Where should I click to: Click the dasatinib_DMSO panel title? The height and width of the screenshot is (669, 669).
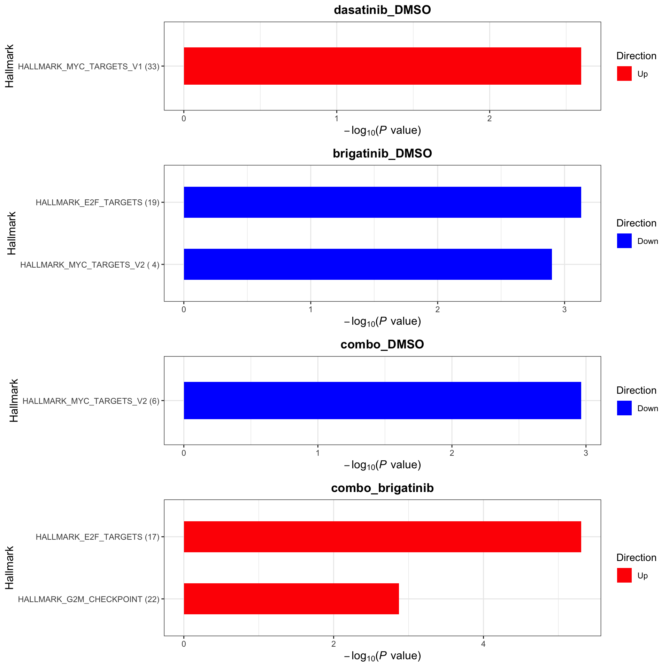(x=382, y=10)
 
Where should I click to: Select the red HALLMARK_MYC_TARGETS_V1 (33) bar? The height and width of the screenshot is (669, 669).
(x=382, y=66)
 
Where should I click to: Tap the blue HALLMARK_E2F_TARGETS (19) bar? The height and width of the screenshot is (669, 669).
(x=382, y=202)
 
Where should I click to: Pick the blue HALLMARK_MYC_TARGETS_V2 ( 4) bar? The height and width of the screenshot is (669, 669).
(x=368, y=264)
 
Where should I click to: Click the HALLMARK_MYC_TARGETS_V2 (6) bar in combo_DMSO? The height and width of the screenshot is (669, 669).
(x=382, y=400)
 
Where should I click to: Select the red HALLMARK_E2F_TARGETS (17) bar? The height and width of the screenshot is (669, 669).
(x=382, y=537)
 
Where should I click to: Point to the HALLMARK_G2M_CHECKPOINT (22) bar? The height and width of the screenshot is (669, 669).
(x=291, y=599)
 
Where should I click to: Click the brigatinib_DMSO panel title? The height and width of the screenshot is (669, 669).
(x=382, y=153)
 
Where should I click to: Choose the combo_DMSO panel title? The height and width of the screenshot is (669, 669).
(x=382, y=344)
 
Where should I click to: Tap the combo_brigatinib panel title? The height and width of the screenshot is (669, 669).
(x=382, y=488)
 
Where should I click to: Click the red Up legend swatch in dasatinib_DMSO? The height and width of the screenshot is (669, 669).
(x=624, y=74)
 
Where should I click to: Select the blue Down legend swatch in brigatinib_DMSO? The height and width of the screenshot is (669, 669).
(x=624, y=241)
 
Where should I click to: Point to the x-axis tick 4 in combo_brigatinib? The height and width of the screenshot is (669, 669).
(x=483, y=644)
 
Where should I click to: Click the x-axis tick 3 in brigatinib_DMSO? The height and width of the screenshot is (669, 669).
(x=564, y=309)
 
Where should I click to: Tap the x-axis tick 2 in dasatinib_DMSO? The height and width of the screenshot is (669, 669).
(x=490, y=118)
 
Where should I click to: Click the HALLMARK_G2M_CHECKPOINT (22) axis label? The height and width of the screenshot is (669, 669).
(x=89, y=599)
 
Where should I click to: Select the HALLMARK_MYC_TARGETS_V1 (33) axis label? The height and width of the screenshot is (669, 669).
(x=89, y=67)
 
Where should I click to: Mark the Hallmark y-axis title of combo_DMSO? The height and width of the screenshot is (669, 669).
(x=14, y=400)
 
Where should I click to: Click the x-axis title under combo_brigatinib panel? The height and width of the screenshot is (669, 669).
(x=382, y=656)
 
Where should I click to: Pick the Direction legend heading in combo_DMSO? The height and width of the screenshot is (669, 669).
(x=636, y=390)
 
